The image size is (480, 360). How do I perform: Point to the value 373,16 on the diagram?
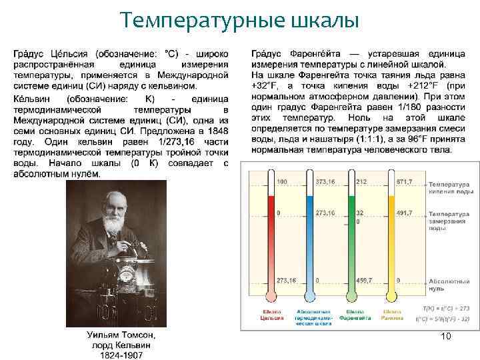pyautogui.click(x=325, y=182)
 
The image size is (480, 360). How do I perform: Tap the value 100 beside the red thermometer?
pyautogui.click(x=281, y=182)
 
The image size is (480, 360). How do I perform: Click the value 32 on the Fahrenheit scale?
pyautogui.click(x=359, y=214)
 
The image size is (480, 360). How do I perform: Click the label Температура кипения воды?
pyautogui.click(x=451, y=187)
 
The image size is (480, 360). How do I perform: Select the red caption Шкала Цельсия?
pyautogui.click(x=271, y=315)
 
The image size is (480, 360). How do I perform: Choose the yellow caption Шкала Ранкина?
pyautogui.click(x=392, y=315)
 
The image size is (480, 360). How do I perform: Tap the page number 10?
pyautogui.click(x=446, y=337)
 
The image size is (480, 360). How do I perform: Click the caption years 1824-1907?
pyautogui.click(x=123, y=355)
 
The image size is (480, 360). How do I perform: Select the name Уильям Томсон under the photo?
pyautogui.click(x=123, y=335)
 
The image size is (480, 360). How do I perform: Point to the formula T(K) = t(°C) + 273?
pyautogui.click(x=446, y=309)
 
